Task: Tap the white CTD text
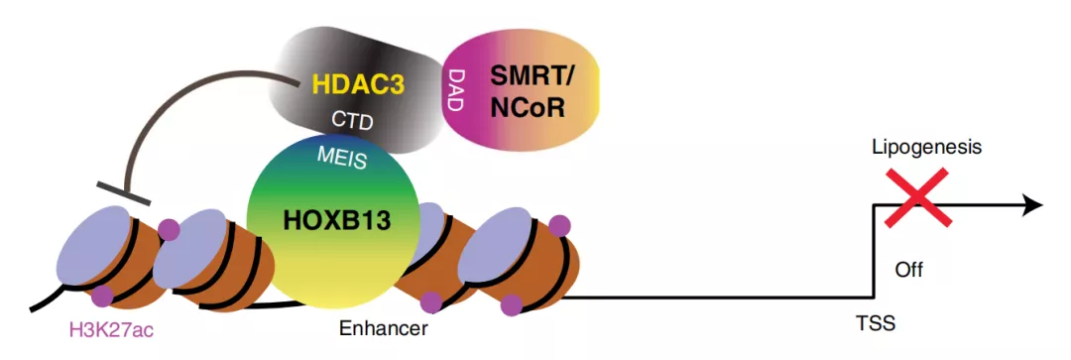[352, 122]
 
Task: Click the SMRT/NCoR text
[530, 92]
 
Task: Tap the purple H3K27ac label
[111, 330]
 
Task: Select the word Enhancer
[383, 328]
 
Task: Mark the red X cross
[916, 196]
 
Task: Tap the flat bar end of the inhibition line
[123, 192]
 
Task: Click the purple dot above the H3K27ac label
[102, 296]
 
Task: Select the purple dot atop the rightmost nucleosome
[559, 224]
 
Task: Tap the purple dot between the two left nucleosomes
[168, 229]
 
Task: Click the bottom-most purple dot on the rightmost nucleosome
[511, 304]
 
